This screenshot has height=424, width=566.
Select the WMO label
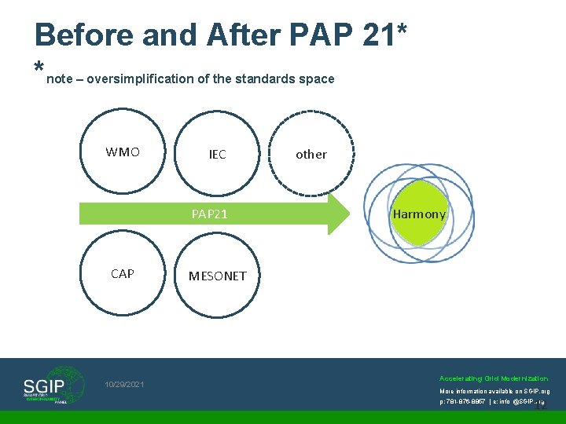coord(123,152)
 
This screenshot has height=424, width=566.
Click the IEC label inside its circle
coord(217,155)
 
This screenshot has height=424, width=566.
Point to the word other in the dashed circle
coord(311,155)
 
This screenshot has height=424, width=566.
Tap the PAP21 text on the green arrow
coord(210,214)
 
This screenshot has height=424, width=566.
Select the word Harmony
coord(419,214)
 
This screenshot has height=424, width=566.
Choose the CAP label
coord(123,273)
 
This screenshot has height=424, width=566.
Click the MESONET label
coord(217,276)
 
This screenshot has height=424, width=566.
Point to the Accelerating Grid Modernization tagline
coord(494,378)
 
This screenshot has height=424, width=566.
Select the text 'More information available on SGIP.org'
coord(494,390)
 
